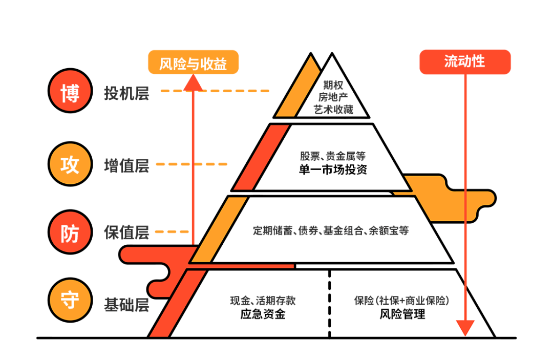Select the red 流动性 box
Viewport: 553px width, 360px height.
click(465, 62)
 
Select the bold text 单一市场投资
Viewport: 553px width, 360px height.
click(333, 170)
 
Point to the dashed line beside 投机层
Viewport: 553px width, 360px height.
click(215, 91)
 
